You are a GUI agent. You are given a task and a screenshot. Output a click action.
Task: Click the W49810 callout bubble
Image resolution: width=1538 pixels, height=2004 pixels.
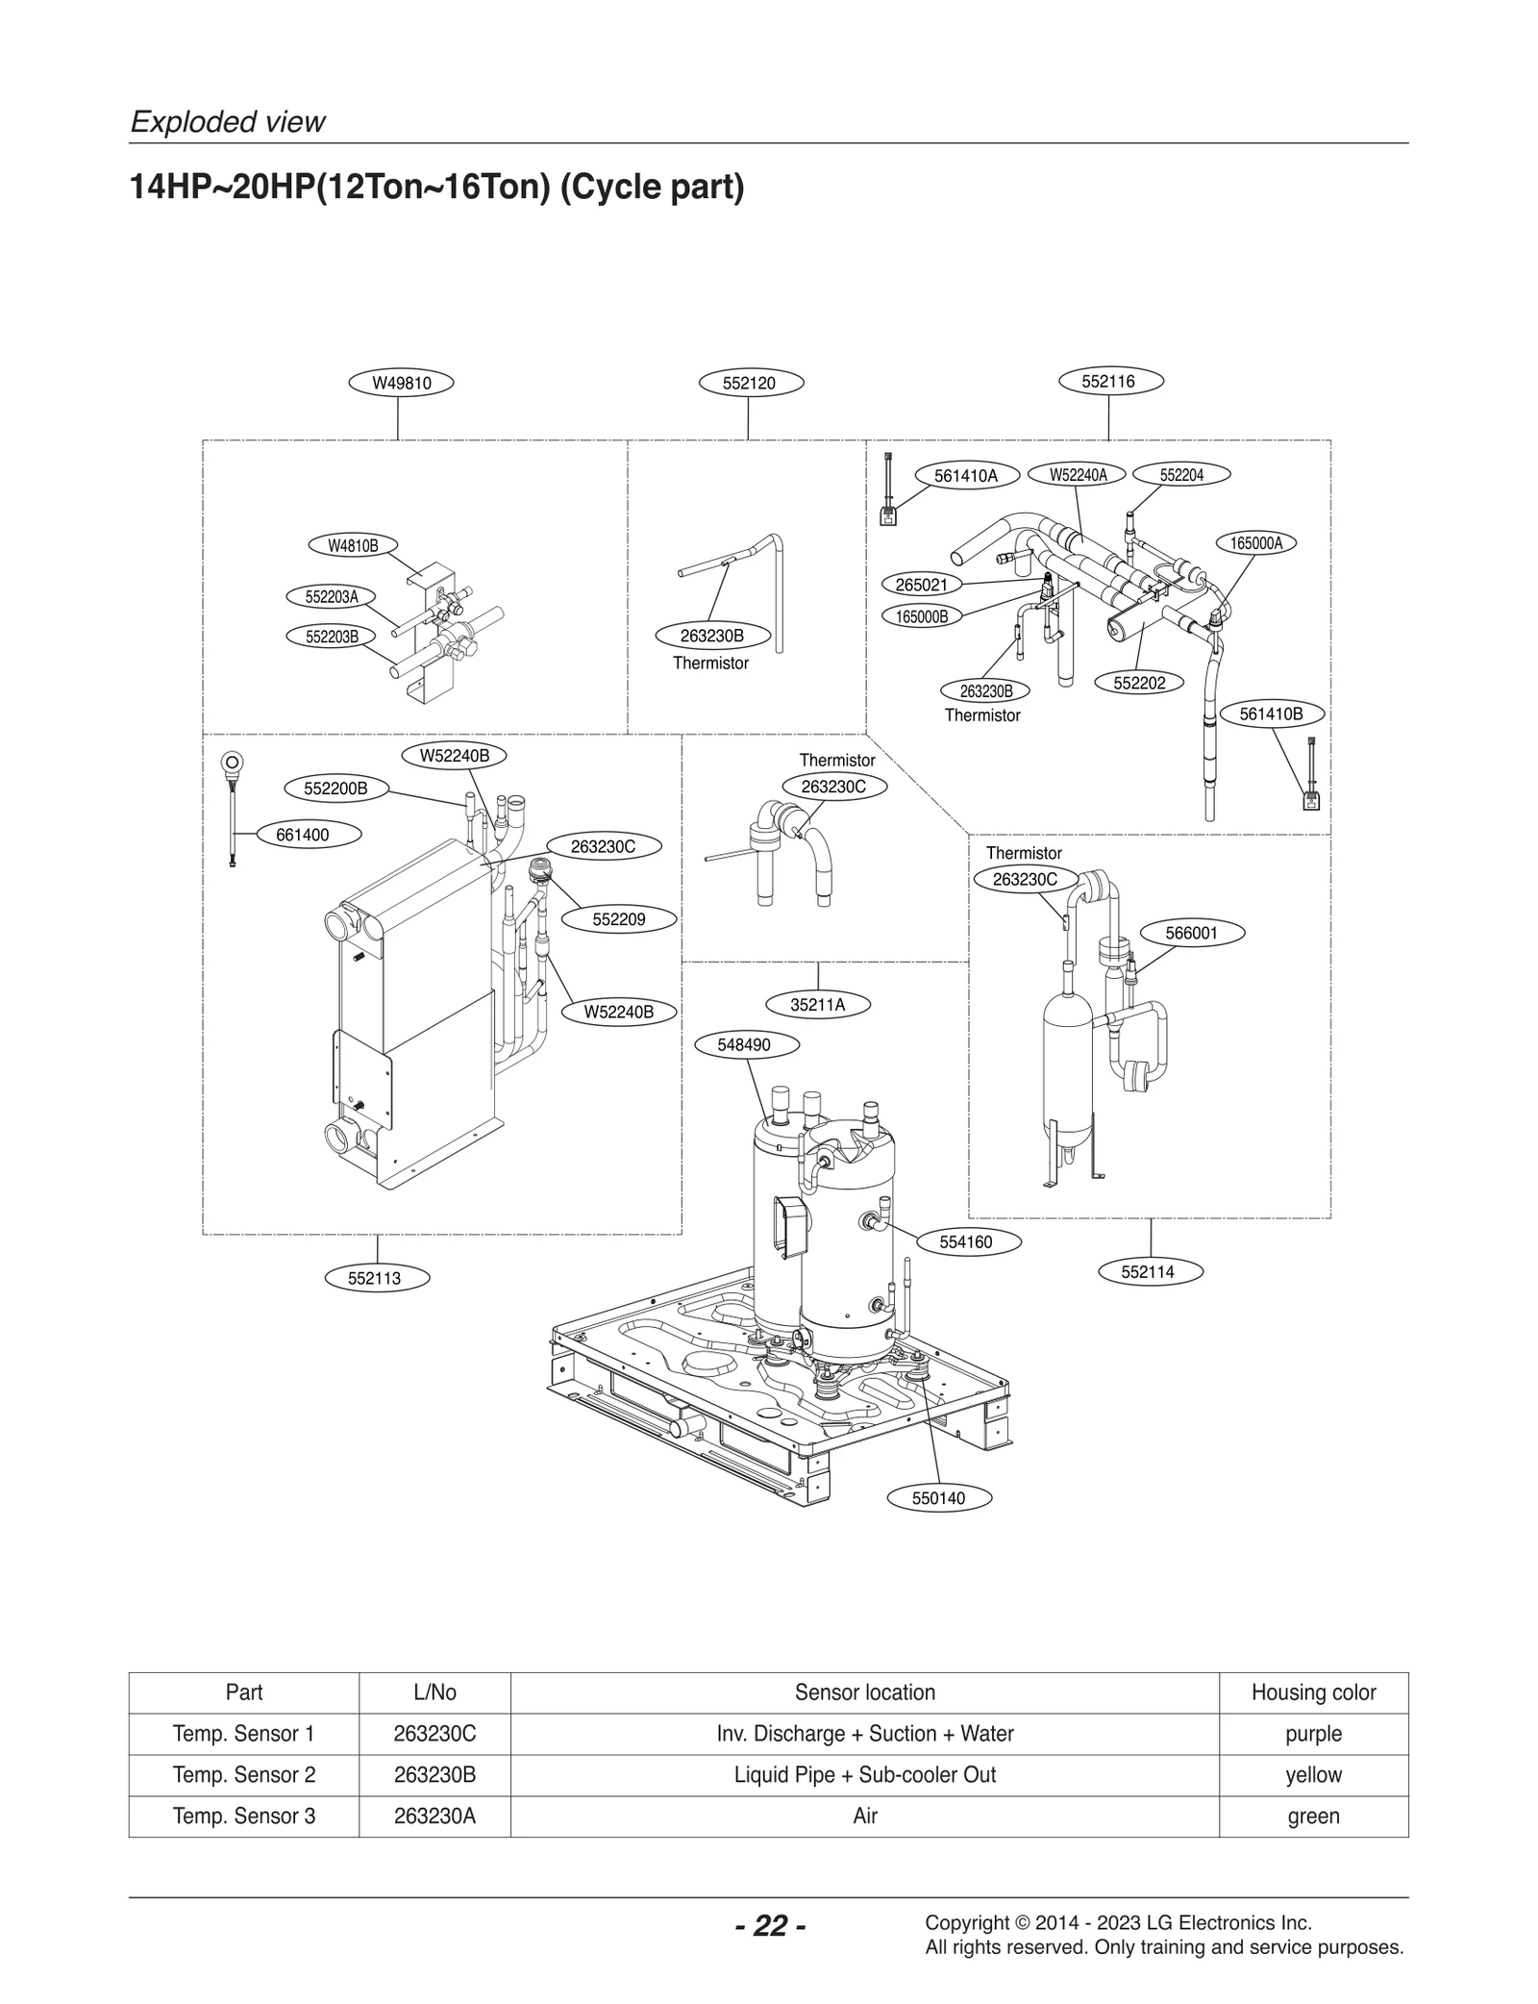click(401, 383)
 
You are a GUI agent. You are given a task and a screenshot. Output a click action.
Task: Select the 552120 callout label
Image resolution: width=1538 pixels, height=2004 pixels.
click(749, 383)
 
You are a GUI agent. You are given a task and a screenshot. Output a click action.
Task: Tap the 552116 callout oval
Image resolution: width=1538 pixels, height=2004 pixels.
click(1108, 381)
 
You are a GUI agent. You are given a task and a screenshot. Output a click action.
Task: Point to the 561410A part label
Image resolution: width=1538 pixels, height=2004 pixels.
click(965, 475)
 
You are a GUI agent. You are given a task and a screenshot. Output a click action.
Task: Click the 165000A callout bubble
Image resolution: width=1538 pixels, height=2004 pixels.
click(1256, 542)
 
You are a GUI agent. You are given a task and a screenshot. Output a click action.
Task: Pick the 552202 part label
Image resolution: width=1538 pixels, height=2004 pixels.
click(1139, 683)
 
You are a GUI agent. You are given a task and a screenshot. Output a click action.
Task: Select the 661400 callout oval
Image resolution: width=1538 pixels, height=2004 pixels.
click(303, 835)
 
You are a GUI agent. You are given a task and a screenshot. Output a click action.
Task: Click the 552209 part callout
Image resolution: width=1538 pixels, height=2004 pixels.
click(618, 919)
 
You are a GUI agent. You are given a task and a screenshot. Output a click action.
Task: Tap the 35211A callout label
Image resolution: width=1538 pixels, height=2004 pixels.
click(818, 1005)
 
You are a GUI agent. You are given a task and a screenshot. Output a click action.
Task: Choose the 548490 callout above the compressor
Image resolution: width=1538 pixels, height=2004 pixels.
click(744, 1044)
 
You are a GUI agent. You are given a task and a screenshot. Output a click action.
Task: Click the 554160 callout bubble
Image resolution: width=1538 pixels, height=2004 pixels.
click(966, 1241)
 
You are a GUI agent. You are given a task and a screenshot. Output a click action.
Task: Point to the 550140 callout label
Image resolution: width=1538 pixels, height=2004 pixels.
click(938, 1497)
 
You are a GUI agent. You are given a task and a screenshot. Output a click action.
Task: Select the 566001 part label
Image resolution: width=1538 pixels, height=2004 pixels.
click(1191, 933)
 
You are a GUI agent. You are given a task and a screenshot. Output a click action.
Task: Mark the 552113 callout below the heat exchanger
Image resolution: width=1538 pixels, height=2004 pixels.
click(375, 1278)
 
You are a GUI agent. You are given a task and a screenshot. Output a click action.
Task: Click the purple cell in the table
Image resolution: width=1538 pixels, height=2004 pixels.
click(1312, 1733)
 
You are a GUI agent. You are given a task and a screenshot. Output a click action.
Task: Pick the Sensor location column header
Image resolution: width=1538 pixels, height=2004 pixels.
click(864, 1691)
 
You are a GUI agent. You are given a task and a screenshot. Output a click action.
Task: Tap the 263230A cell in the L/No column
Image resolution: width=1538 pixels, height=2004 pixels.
click(434, 1816)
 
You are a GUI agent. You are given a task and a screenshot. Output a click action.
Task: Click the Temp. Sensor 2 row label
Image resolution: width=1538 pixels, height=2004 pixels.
click(244, 1774)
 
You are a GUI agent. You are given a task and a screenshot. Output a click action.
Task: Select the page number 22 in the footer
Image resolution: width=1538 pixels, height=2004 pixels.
click(770, 1925)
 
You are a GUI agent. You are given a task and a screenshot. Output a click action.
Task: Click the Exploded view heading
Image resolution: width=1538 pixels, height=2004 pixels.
click(228, 122)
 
